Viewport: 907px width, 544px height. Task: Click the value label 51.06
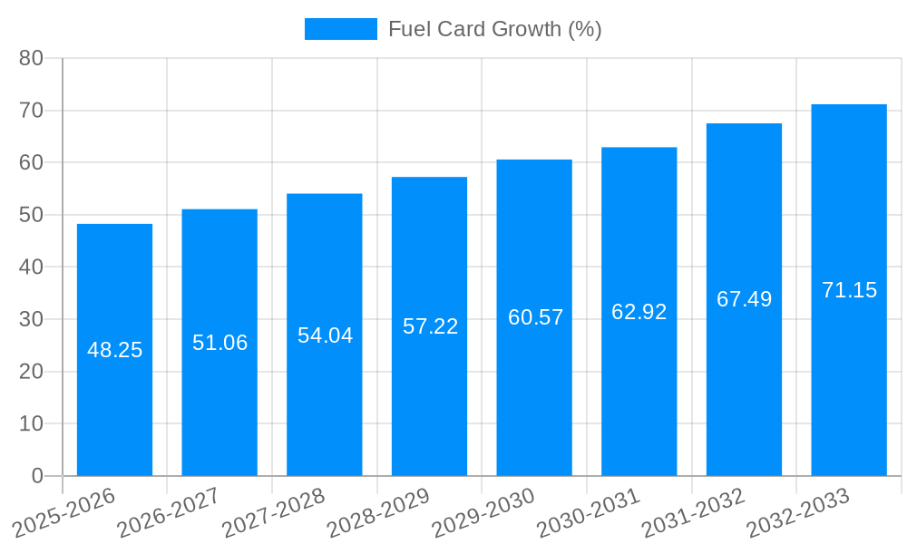(x=219, y=343)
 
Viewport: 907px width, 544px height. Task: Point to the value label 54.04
(x=325, y=335)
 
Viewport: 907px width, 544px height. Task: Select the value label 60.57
(x=535, y=317)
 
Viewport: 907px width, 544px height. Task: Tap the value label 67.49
(x=744, y=299)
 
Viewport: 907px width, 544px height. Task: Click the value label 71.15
(x=849, y=290)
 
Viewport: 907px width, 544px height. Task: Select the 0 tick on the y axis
(x=37, y=476)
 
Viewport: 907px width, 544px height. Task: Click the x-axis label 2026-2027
(x=170, y=513)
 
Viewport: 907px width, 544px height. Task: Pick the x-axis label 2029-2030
(x=483, y=513)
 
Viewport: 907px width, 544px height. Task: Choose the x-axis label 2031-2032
(x=694, y=513)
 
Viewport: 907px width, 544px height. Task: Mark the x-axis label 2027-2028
(x=274, y=513)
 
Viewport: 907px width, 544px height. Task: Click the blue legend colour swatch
(x=340, y=29)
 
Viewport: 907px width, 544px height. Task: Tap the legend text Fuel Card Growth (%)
(x=494, y=29)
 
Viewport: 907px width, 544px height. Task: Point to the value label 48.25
(x=114, y=350)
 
